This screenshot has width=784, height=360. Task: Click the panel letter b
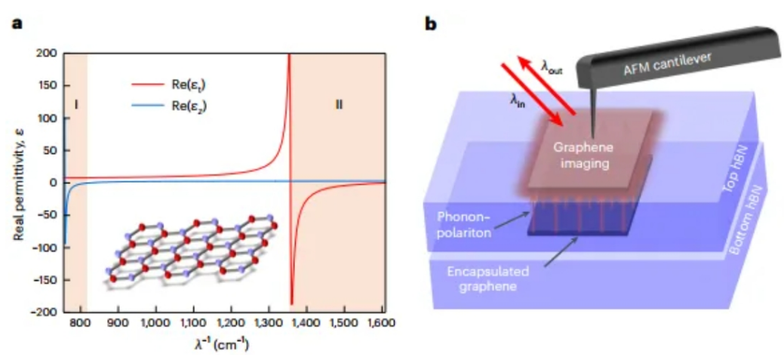tap(431, 23)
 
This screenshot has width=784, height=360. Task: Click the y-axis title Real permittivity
tap(17, 183)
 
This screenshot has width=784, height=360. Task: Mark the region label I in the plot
tap(76, 105)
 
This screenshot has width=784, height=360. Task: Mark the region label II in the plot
tap(339, 105)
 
